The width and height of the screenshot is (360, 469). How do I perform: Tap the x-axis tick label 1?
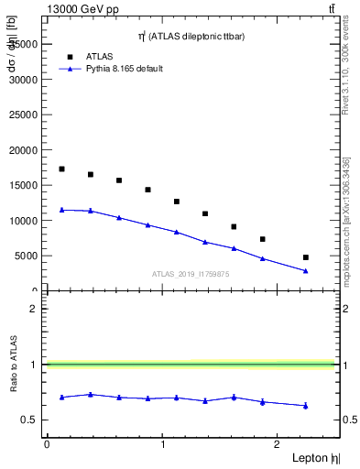coord(162,444)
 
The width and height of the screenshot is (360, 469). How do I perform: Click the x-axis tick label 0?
coord(47,444)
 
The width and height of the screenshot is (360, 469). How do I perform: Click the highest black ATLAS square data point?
coord(61,169)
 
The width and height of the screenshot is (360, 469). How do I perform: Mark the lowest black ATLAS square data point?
coord(306,257)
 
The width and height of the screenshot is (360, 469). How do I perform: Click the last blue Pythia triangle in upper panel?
coord(306,271)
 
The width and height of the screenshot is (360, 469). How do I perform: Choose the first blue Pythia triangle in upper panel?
coord(61,210)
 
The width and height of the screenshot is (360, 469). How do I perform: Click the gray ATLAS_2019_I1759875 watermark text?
coord(190,273)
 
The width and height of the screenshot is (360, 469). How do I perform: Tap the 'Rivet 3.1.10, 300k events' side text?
coord(345,82)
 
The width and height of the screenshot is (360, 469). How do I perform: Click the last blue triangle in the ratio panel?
coord(306,405)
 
